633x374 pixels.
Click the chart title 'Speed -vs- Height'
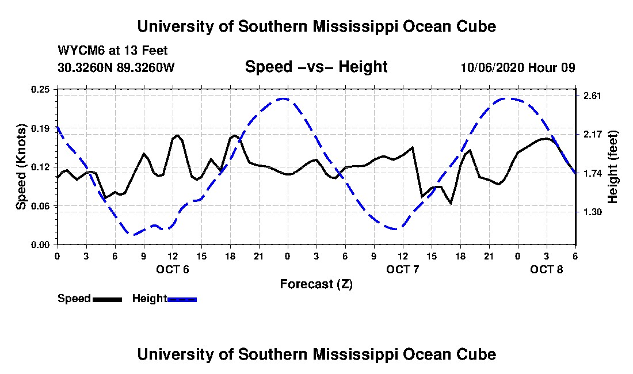(x=316, y=67)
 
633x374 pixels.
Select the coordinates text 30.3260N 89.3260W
(x=116, y=67)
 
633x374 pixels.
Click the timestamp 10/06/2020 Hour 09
(x=518, y=67)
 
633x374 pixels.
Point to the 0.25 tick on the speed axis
(x=40, y=89)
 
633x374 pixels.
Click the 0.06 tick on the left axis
(x=40, y=206)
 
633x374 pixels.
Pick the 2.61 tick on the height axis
(x=592, y=96)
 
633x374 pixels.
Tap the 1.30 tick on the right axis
(x=592, y=212)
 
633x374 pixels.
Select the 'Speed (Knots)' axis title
(x=21, y=167)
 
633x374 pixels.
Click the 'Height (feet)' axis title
(x=612, y=167)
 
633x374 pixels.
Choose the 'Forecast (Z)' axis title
(x=316, y=284)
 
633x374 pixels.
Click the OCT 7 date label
(x=402, y=269)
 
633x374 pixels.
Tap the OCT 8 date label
(x=546, y=269)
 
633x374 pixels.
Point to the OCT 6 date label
(x=173, y=269)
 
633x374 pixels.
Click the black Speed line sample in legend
(x=107, y=299)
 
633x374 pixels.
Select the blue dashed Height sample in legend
(x=182, y=299)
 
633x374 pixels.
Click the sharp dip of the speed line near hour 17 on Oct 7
(x=451, y=203)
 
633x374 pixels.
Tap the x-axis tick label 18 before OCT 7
(x=230, y=256)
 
